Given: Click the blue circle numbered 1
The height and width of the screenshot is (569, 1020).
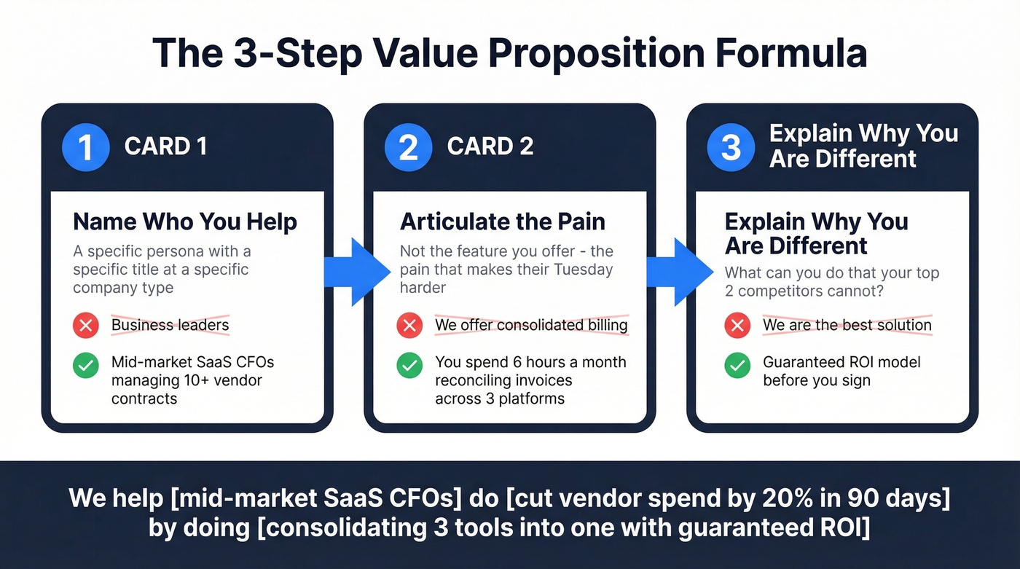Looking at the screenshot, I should pyautogui.click(x=85, y=146).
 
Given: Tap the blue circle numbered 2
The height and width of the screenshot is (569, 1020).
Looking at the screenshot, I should pyautogui.click(x=408, y=146).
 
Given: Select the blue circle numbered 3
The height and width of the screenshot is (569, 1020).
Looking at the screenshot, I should pyautogui.click(x=730, y=146).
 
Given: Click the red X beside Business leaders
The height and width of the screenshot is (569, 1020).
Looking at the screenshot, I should pyautogui.click(x=86, y=325).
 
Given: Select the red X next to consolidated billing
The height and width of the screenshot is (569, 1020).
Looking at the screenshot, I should pyautogui.click(x=409, y=325).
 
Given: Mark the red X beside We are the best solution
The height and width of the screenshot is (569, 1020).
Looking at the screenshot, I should pyautogui.click(x=737, y=325).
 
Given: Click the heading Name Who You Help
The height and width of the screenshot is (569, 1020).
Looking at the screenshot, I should pyautogui.click(x=185, y=221).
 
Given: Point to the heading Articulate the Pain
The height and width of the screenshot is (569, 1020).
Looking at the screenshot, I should pyautogui.click(x=503, y=221).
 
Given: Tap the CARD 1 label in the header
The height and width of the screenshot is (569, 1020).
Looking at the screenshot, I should pyautogui.click(x=166, y=146).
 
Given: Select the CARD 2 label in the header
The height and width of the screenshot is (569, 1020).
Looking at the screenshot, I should pyautogui.click(x=490, y=146).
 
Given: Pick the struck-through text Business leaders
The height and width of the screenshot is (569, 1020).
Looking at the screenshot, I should pyautogui.click(x=170, y=325).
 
